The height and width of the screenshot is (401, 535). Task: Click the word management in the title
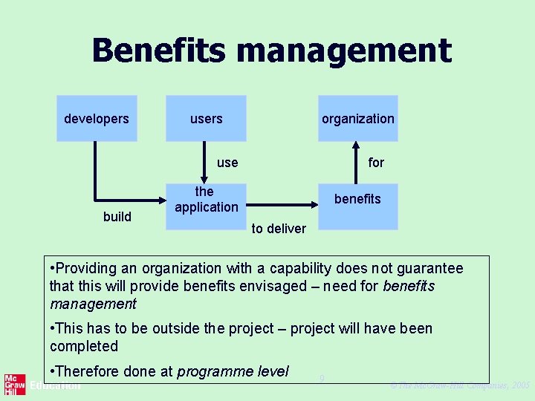coord(343,51)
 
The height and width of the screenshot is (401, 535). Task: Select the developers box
coord(97,118)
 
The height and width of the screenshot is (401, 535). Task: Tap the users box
coord(206,118)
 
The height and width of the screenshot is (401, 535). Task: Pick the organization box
coord(358,118)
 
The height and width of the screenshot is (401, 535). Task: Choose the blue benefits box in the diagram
coord(358,206)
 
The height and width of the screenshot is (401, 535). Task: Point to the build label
coord(117,217)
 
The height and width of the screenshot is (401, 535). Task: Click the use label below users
coord(227,163)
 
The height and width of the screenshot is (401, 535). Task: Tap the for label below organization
coord(376,163)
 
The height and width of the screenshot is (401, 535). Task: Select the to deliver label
coord(279,229)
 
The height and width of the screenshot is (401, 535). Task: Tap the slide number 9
coord(322,379)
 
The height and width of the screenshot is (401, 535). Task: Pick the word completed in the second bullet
coord(84,347)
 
